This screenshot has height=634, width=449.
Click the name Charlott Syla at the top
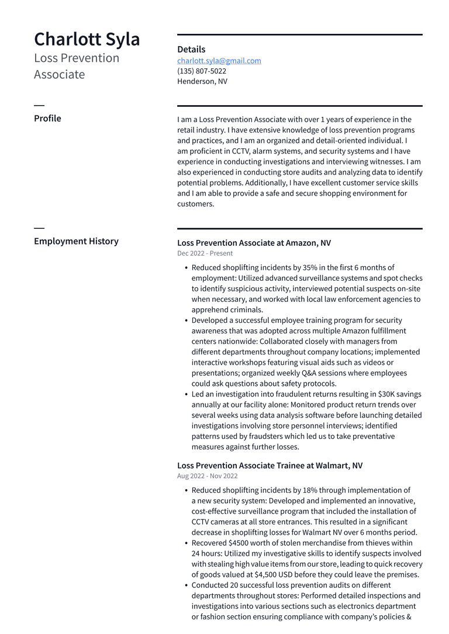coord(87,39)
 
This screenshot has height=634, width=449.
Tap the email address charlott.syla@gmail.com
coord(219,61)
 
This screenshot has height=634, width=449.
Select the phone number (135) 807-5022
coord(202,71)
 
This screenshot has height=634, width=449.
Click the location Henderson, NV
coord(202,82)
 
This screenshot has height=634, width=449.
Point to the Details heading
coord(191,50)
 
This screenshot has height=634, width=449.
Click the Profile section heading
coord(47,119)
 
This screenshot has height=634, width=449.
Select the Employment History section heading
coord(76,241)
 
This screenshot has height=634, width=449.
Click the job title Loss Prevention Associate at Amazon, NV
coord(254,243)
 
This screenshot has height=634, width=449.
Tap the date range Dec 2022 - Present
coord(205,253)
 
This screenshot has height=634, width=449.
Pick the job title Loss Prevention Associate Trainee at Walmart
coord(270,466)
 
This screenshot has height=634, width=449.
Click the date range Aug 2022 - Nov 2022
coord(207,476)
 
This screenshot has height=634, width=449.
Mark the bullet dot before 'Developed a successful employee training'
coord(186,321)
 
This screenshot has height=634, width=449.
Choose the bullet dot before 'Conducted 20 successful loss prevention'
coord(186,586)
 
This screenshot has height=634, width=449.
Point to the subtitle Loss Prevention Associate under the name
coord(77,66)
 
